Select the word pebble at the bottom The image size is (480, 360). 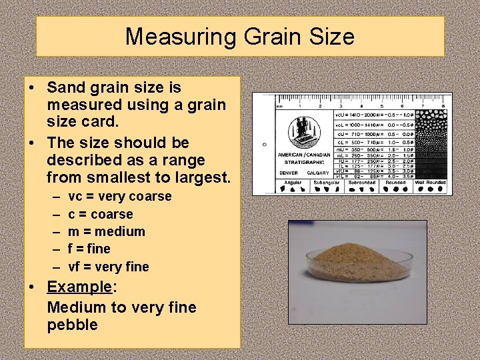click(x=72, y=325)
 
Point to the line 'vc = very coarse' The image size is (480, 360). click(x=120, y=197)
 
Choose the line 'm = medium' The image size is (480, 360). click(x=107, y=231)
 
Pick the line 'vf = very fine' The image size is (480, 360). click(x=109, y=267)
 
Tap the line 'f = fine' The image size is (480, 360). click(x=89, y=249)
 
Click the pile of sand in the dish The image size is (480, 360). click(x=357, y=262)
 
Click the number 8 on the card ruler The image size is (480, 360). click(x=443, y=106)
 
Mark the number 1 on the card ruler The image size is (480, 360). click(x=299, y=106)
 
